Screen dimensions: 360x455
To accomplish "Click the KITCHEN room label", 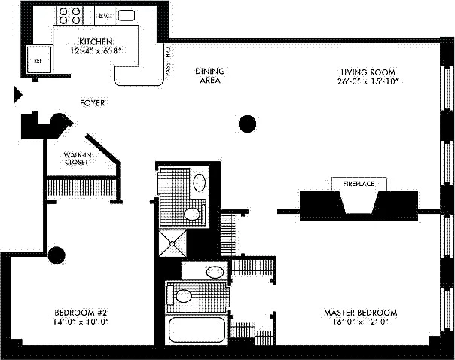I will (x=96, y=41).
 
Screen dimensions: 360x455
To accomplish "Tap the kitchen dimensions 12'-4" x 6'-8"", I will (x=96, y=51).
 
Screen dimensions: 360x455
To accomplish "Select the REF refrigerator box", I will (x=35, y=59).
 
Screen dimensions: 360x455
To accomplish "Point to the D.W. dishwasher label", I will (x=105, y=14).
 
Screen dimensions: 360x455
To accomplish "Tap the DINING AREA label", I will (x=210, y=75).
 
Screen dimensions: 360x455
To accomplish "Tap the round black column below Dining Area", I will (x=247, y=123).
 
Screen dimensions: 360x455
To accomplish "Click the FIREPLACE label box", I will (x=359, y=183).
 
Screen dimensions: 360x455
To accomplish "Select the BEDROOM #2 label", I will (x=81, y=313).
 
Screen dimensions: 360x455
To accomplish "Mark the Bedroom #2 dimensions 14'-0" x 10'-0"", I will (x=81, y=322).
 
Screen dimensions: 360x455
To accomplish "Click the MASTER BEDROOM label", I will (x=360, y=313).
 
